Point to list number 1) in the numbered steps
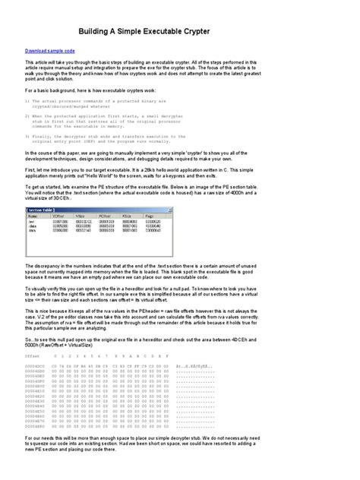click(x=27, y=99)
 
